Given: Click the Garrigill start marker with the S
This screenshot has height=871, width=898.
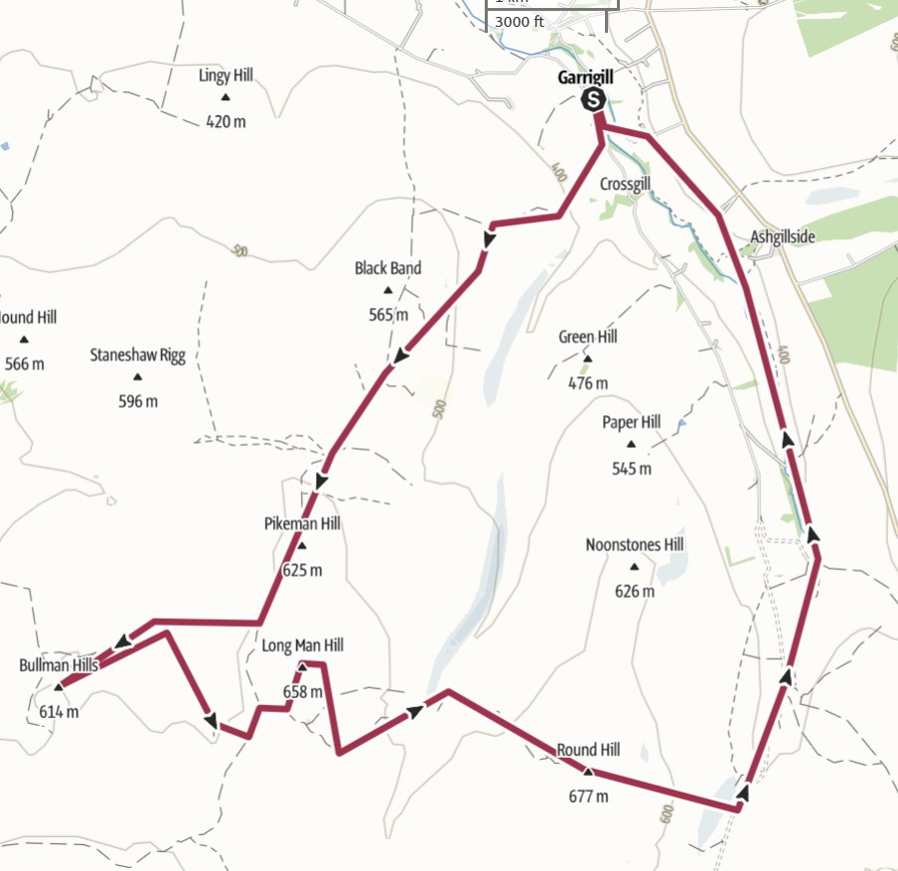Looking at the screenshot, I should [x=593, y=99].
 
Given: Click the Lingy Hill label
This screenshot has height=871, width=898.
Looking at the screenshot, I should [x=227, y=75].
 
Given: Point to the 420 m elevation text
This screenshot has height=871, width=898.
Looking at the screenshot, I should [x=225, y=122].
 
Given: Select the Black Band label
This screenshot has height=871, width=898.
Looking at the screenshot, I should [x=387, y=268].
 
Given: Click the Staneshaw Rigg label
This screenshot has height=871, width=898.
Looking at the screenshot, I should [x=138, y=355].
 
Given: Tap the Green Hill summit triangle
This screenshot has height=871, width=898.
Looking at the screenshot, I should [x=587, y=360].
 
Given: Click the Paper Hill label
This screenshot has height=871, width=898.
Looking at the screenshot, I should [x=631, y=422].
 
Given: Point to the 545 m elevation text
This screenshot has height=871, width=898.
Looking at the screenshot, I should [x=632, y=469].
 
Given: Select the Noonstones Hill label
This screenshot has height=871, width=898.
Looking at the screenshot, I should [x=635, y=545].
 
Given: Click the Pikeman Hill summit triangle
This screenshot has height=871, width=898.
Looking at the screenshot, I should [x=302, y=546].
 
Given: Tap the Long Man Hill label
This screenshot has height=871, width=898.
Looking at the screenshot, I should [x=302, y=646].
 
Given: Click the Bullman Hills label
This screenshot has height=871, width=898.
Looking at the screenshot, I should [x=59, y=664].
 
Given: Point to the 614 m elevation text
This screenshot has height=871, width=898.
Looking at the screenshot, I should [x=59, y=711].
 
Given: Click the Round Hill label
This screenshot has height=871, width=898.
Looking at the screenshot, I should [x=588, y=750].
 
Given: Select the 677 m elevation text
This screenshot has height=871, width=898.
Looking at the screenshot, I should [x=588, y=796].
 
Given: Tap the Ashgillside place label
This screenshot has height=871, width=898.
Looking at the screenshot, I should [x=783, y=236].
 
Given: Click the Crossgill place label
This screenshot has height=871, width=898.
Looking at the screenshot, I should [x=625, y=185].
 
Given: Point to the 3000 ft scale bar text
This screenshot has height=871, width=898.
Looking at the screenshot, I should [x=519, y=22].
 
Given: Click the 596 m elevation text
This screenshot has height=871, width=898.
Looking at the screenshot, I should [x=138, y=401].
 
